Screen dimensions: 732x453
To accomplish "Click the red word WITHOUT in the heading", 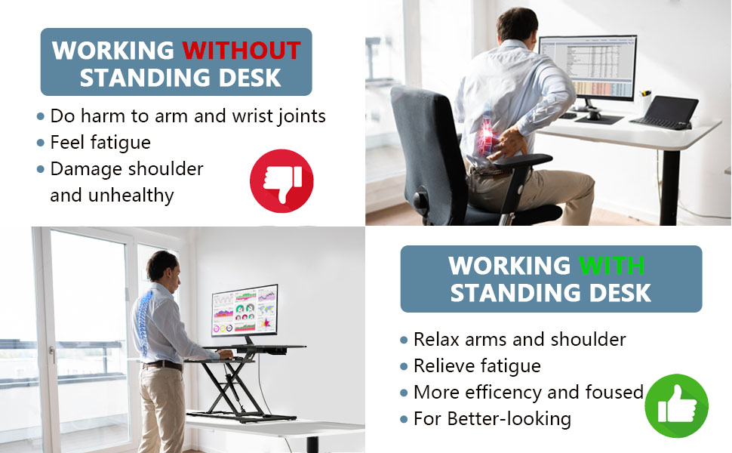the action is (x=241, y=51).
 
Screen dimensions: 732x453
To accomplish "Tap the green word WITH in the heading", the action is (x=611, y=266).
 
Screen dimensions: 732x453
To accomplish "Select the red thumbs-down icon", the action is (x=281, y=181).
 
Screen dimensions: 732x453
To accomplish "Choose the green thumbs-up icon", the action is (x=676, y=405).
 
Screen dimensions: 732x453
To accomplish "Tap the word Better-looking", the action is (x=509, y=419).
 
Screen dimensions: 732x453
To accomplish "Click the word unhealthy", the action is (x=131, y=196).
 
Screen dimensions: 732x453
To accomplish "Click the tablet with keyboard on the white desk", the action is (x=664, y=112).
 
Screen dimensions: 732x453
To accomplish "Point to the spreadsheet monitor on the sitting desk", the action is (x=588, y=68).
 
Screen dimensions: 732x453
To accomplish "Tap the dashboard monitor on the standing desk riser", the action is (x=245, y=310).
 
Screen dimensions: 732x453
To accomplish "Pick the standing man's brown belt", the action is (x=163, y=365).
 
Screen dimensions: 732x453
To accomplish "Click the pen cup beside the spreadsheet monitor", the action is (x=646, y=102).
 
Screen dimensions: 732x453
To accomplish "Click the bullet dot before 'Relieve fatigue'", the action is (x=404, y=367).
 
